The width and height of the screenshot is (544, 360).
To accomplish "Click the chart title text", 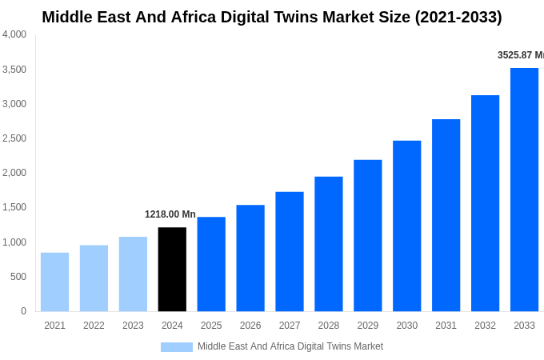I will [272, 17].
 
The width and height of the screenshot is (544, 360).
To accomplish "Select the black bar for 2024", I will [172, 269].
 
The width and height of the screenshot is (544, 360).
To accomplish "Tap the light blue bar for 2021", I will [54, 282].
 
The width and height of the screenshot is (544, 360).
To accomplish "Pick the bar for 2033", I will [524, 190].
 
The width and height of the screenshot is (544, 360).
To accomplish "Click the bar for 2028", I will [328, 244].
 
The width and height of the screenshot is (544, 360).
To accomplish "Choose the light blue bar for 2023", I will [133, 274].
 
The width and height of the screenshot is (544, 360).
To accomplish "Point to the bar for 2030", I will [406, 226].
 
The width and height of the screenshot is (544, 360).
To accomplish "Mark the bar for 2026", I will [250, 258].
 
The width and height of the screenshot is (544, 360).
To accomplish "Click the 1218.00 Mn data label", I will [170, 214].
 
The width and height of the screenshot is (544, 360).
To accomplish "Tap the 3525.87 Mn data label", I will [520, 55].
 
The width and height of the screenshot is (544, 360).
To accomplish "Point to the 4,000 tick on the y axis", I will [14, 34].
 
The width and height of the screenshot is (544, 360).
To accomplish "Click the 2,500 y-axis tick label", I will [14, 138].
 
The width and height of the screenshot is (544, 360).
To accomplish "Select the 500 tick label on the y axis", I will [18, 277].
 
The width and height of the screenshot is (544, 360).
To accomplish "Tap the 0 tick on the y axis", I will [23, 311].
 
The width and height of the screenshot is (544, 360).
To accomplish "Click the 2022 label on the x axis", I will [94, 326].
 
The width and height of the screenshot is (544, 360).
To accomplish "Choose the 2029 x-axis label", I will [367, 326].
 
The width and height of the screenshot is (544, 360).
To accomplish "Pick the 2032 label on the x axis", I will [485, 326].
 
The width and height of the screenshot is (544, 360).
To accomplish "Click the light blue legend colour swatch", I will [176, 346].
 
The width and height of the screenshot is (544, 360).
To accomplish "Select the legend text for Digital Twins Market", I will [290, 346].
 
